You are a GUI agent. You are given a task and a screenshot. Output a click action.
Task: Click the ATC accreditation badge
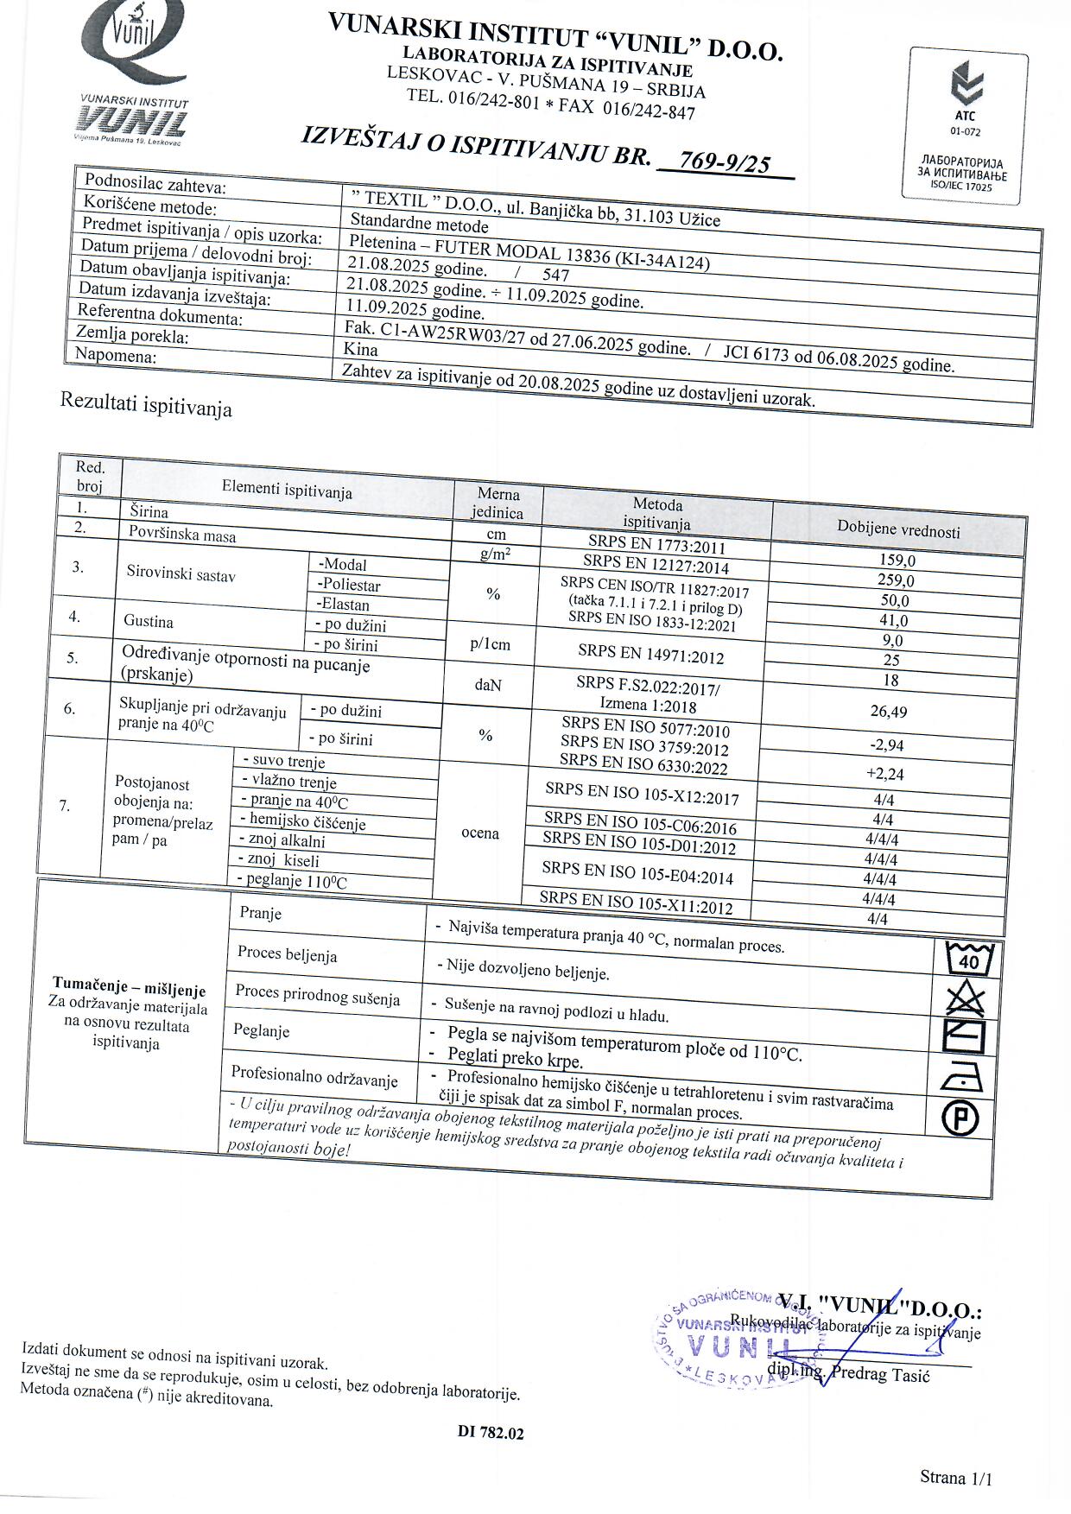coord(965,125)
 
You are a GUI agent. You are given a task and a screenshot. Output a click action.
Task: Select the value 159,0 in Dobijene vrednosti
coord(897,561)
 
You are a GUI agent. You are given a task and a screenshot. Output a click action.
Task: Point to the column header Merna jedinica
coord(497,503)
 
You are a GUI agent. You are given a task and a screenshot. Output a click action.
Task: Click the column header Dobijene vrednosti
coord(898,529)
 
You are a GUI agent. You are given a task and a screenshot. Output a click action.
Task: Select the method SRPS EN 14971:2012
coord(650,656)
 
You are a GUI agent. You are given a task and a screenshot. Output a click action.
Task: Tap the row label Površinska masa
coord(182,535)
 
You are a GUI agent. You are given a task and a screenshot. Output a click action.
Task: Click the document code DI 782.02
coord(491,1433)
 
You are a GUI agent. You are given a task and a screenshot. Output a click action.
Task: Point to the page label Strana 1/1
coord(956,1478)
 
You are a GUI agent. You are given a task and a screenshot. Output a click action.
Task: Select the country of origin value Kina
coord(361,350)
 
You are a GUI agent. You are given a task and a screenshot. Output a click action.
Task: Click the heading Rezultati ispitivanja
coord(146,404)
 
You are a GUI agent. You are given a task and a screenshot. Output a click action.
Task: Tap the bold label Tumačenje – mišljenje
coord(129,987)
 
